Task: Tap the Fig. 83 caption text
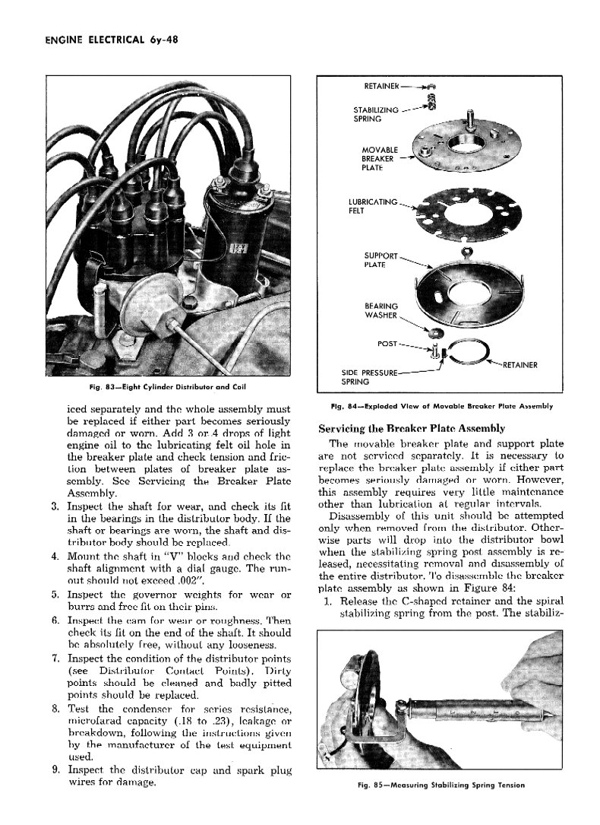166,388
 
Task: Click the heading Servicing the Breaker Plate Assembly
412,428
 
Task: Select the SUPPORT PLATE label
381,259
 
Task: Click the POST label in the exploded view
387,344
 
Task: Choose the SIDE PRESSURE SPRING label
368,376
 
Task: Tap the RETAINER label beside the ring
519,365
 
